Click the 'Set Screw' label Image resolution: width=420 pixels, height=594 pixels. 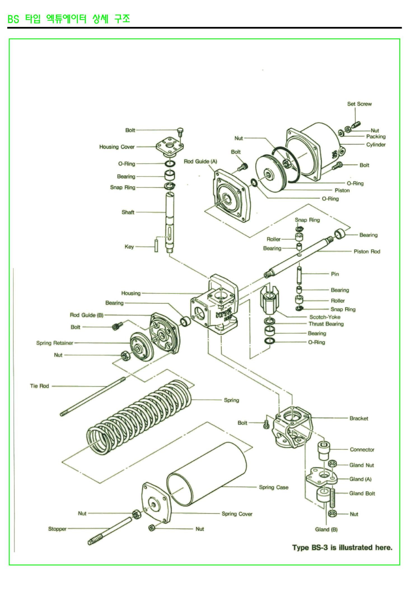[x=359, y=104]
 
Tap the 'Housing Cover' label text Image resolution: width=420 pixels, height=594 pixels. [x=117, y=147]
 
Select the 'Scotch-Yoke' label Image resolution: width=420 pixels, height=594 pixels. [x=325, y=317]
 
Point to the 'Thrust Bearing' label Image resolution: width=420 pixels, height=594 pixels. [x=326, y=324]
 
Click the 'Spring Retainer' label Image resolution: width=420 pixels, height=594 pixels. [x=55, y=343]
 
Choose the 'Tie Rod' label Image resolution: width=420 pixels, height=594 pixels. [x=39, y=386]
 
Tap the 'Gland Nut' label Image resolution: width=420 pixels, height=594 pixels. [x=361, y=465]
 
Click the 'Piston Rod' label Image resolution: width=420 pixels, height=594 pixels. [x=367, y=251]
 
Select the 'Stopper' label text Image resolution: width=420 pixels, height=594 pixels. [x=57, y=529]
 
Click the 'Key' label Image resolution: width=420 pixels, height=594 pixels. [x=129, y=247]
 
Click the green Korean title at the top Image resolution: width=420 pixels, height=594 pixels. [x=69, y=19]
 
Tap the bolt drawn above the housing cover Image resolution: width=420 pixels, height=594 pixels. [x=180, y=131]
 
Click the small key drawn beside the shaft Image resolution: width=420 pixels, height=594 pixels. [x=156, y=245]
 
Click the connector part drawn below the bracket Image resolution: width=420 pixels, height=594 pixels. [x=323, y=451]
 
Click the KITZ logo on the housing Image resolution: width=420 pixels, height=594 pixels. [x=224, y=314]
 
